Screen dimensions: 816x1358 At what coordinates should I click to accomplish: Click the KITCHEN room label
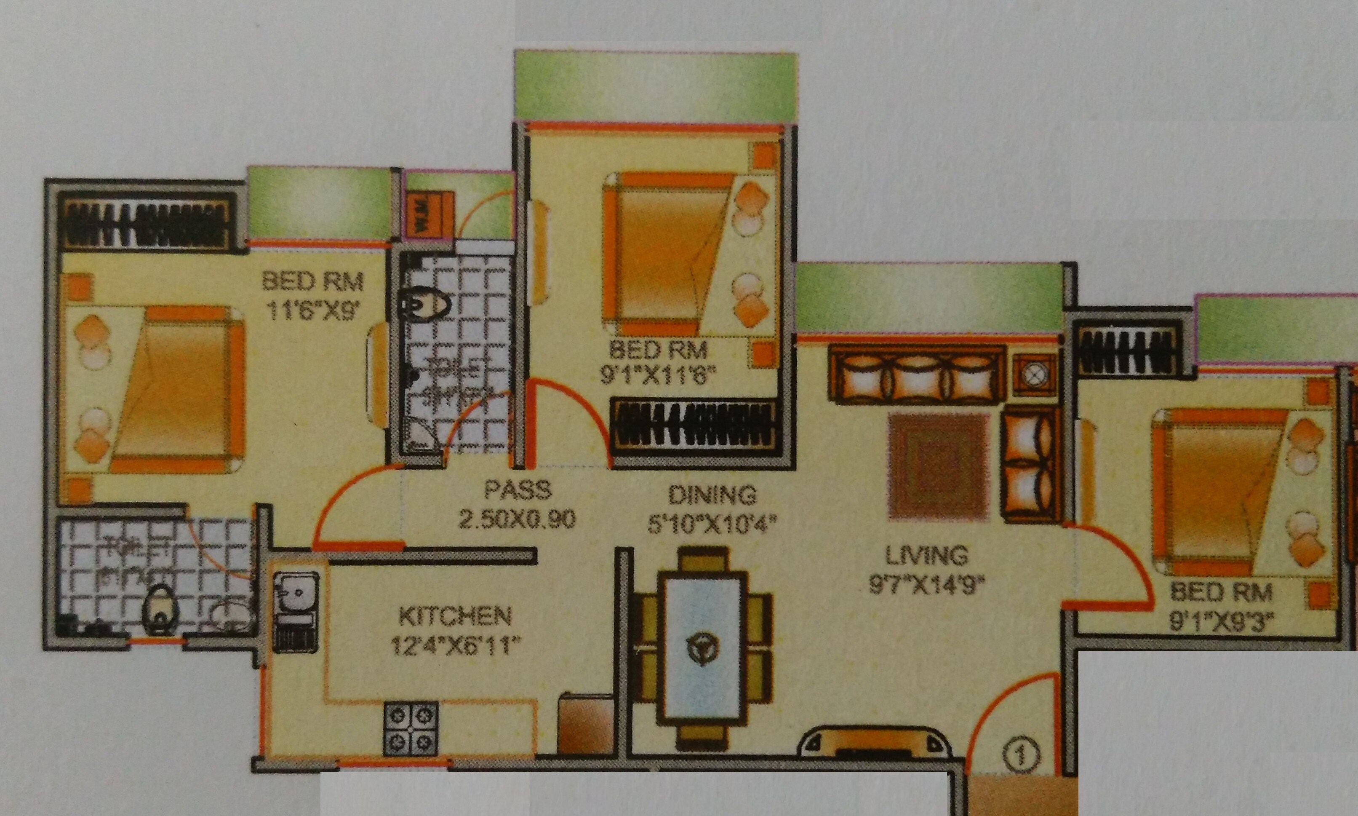tap(455, 616)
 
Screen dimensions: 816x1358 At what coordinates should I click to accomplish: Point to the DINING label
tap(712, 495)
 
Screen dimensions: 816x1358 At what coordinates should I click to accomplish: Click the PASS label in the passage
tap(517, 490)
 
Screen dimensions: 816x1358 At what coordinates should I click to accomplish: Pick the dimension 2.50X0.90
tap(517, 519)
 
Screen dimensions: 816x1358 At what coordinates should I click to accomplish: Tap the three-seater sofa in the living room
tap(918, 375)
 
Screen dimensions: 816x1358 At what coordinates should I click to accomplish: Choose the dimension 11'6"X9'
tap(313, 312)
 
